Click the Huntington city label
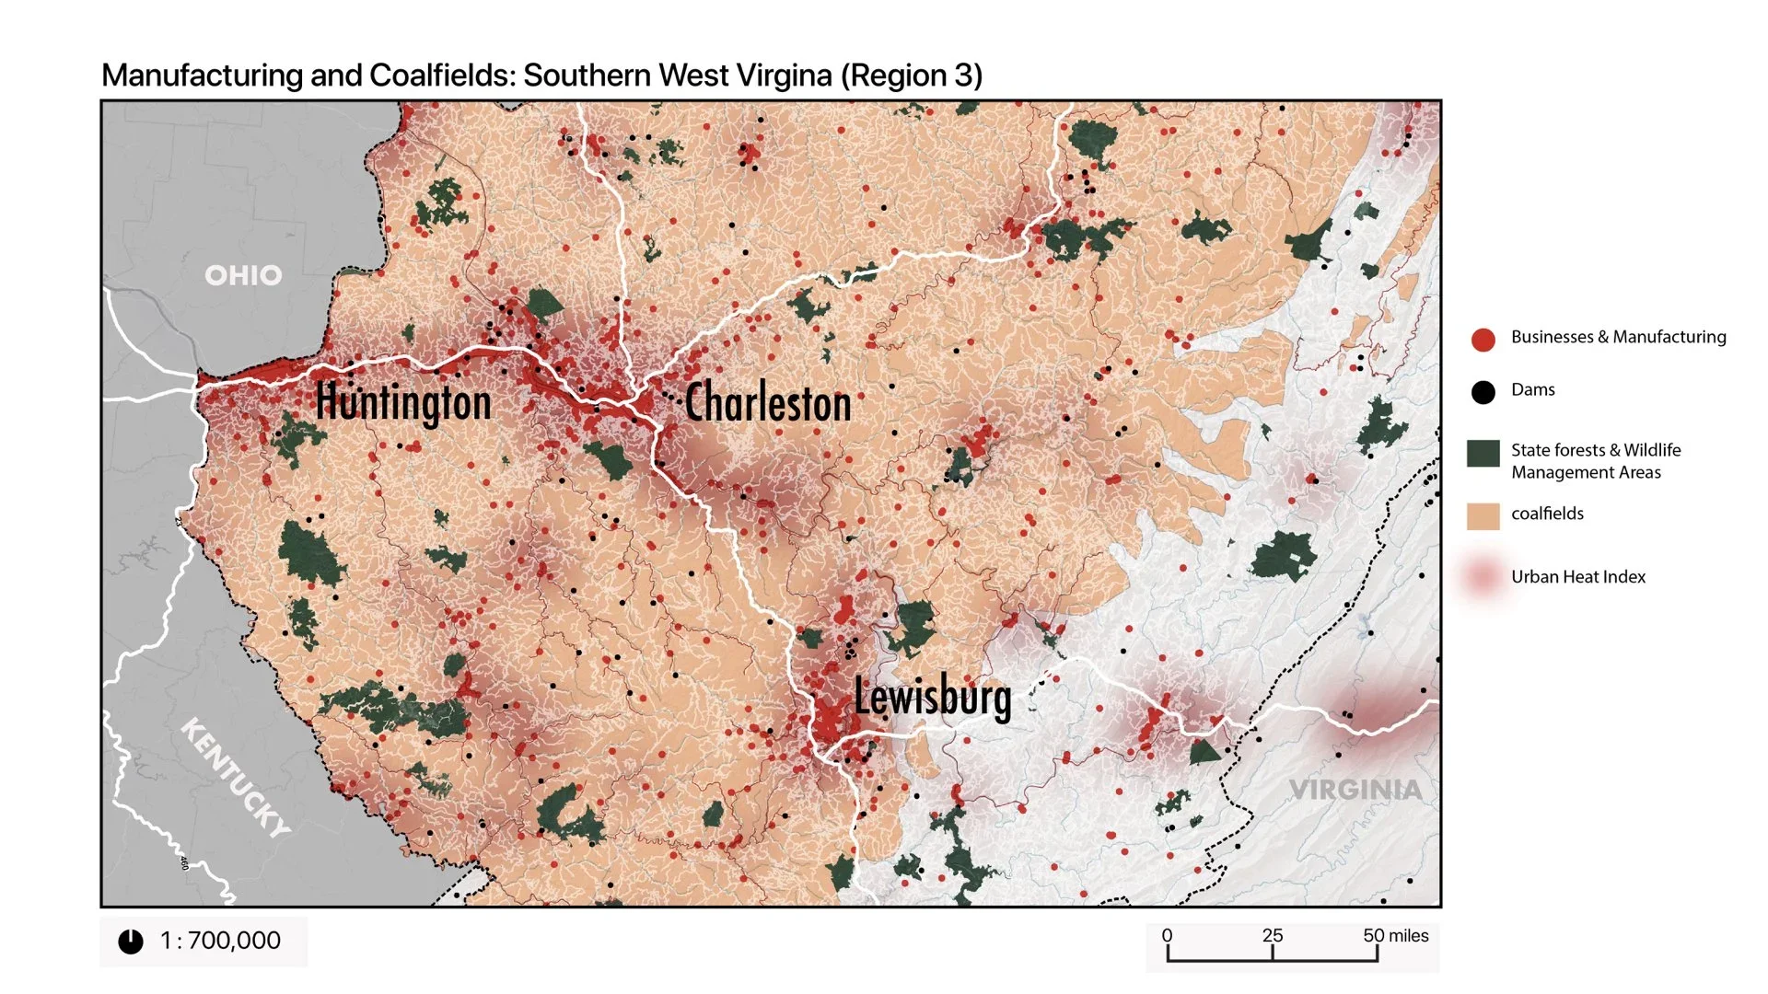tap(403, 403)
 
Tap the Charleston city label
tap(768, 403)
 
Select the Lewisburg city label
tap(932, 697)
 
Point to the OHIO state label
tap(243, 275)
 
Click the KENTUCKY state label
tap(236, 777)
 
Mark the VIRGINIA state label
tap(1355, 790)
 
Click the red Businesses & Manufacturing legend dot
tap(1483, 340)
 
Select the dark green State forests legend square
tap(1483, 454)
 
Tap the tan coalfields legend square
tap(1483, 516)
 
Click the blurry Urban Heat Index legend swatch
tap(1483, 577)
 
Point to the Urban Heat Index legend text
tap(1577, 577)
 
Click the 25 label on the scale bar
tap(1272, 935)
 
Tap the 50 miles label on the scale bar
tap(1395, 935)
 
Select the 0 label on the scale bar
tap(1167, 935)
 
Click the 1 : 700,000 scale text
tap(220, 941)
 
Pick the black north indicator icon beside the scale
tap(131, 942)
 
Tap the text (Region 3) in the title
tap(911, 75)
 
